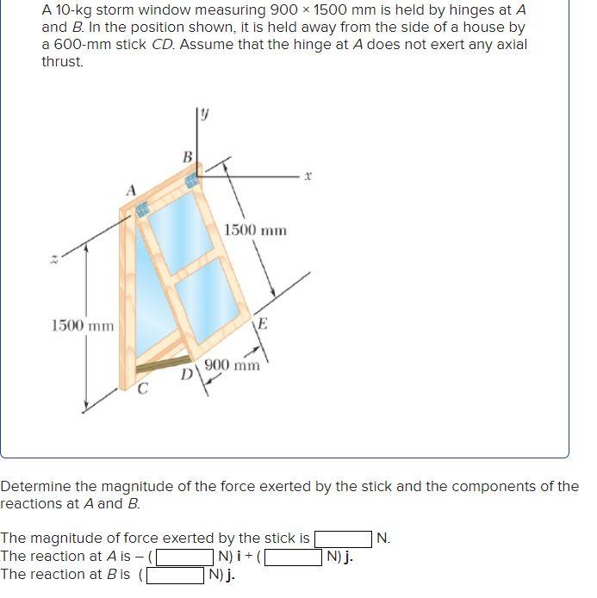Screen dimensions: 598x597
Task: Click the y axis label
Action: coord(204,113)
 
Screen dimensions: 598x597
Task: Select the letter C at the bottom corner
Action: coord(143,390)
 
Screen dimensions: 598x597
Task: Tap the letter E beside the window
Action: coord(263,325)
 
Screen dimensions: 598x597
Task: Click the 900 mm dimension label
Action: coord(232,365)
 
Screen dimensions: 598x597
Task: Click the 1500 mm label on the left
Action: coord(82,325)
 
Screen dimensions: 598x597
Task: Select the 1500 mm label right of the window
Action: coord(255,230)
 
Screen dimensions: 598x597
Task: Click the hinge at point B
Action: coord(190,179)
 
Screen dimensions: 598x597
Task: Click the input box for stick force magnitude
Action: coord(344,539)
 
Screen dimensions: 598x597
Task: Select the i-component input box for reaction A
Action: coord(184,557)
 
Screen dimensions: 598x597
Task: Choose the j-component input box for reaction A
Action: coord(294,557)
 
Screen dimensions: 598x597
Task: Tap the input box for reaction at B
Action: coord(178,575)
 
